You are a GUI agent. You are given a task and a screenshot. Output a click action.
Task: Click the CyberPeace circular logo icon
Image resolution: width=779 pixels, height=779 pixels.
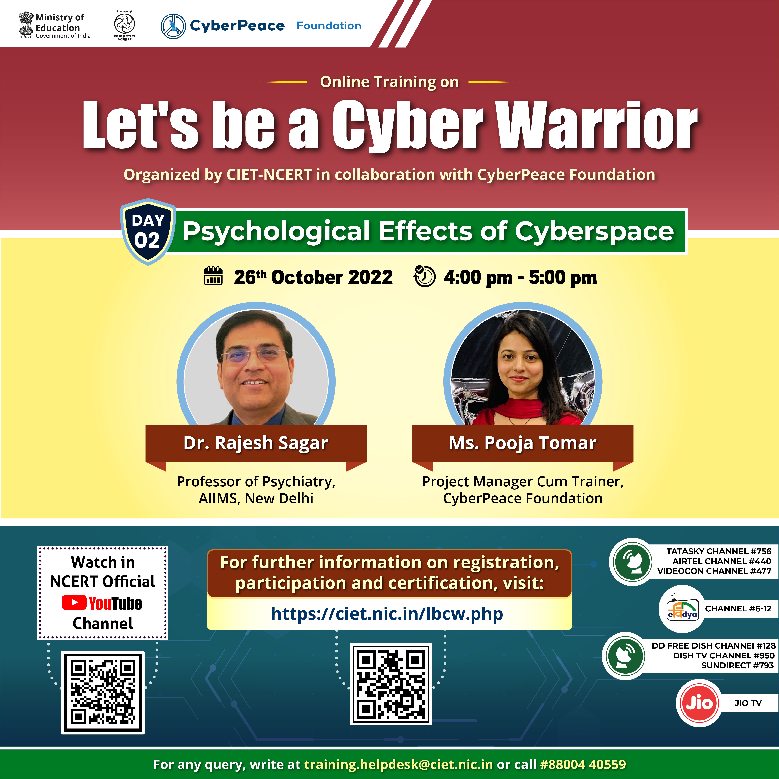pos(173,26)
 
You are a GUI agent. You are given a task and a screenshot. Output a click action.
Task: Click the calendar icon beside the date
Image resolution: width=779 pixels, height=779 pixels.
pos(213,276)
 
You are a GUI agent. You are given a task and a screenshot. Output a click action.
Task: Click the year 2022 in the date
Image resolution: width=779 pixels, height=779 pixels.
pos(370,277)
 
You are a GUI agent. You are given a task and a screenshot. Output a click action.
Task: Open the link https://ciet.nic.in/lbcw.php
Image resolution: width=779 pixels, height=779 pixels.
pos(387,614)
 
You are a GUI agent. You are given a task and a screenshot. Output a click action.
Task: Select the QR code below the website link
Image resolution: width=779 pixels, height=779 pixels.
pos(390,684)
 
